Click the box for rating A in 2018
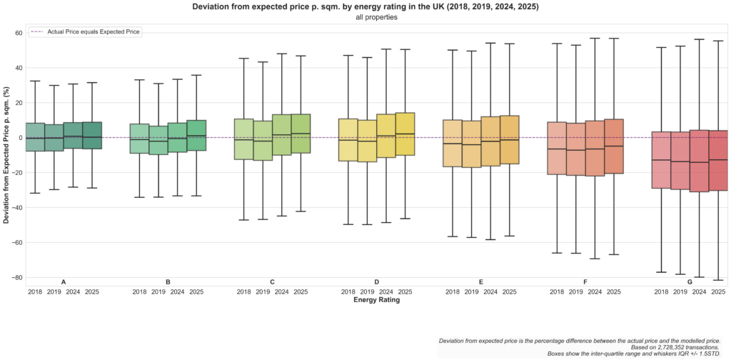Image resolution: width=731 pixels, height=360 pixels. (35, 137)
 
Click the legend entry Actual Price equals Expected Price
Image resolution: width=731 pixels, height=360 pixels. (94, 32)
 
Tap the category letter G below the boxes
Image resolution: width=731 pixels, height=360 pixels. (690, 282)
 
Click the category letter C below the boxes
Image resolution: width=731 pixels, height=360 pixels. (272, 282)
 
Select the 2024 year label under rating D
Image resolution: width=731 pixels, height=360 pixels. (385, 292)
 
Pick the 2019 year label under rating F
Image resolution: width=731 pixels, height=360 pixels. (575, 292)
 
